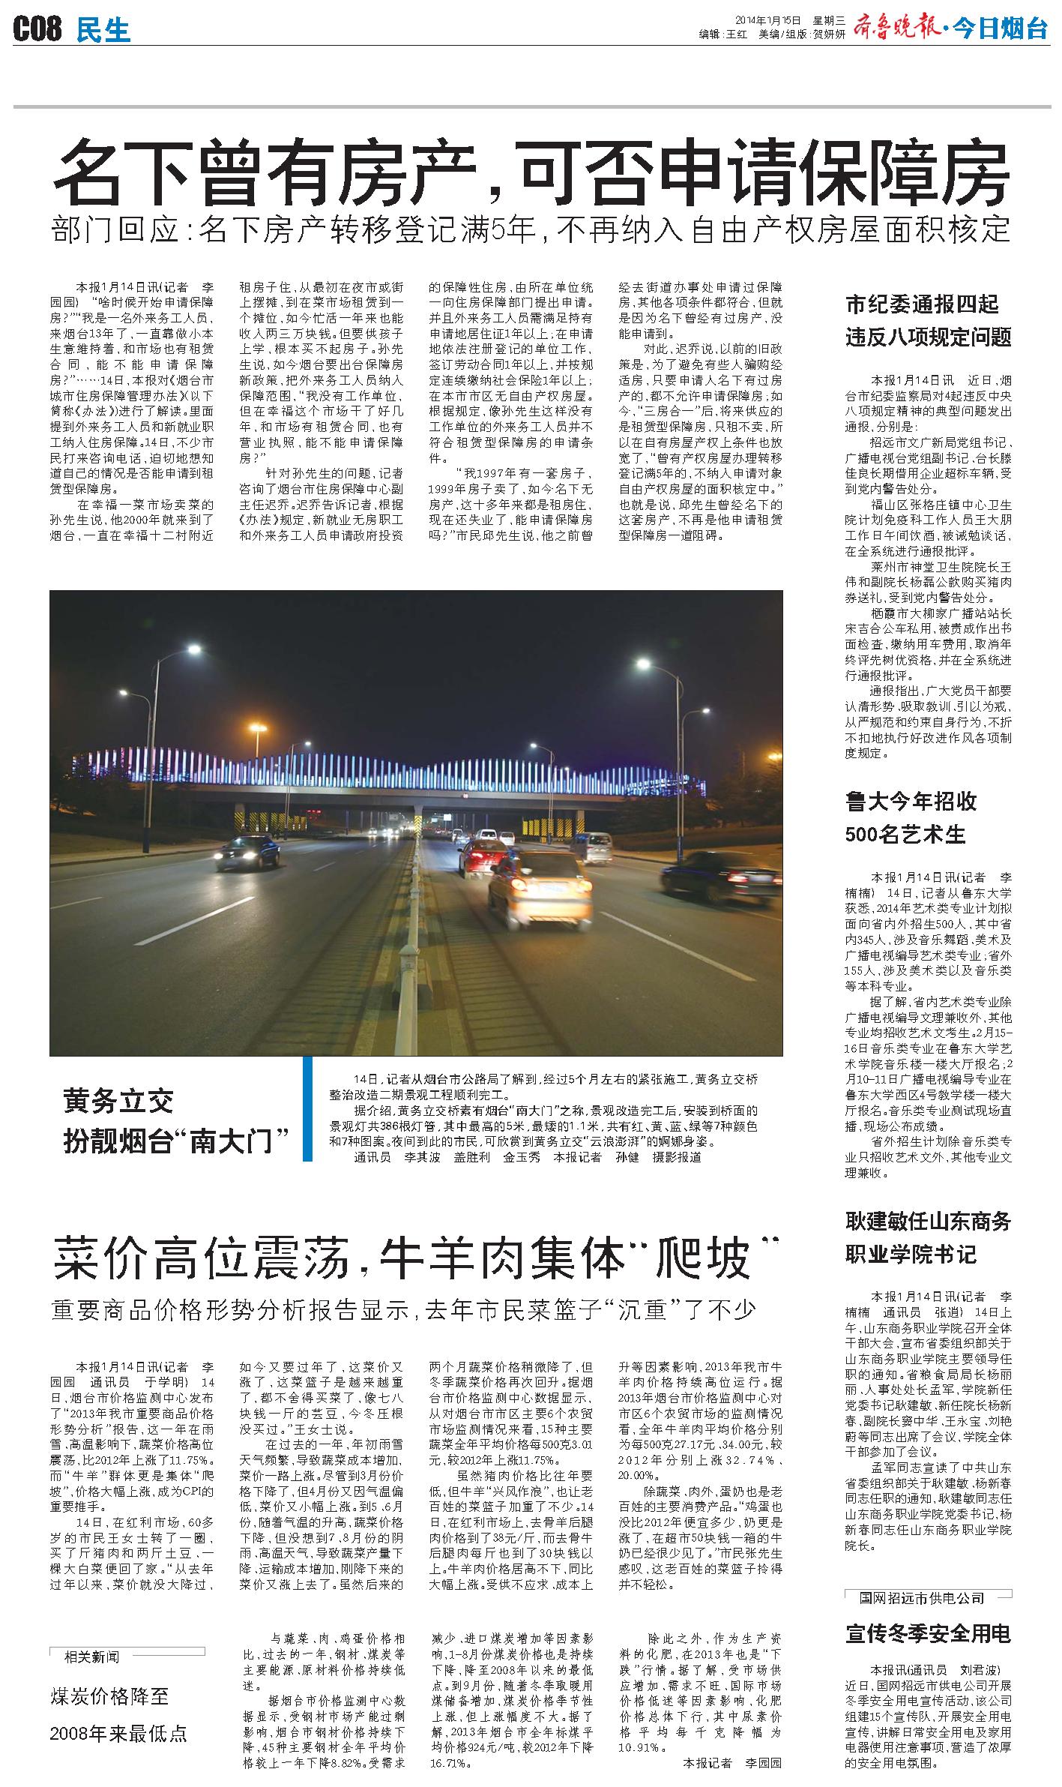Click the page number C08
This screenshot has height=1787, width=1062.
pos(37,30)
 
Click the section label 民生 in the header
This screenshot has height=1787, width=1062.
pos(103,30)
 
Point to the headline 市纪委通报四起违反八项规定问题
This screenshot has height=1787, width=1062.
pos(928,320)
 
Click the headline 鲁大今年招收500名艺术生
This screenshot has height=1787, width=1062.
pos(911,817)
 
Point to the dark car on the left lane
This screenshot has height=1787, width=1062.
pos(247,850)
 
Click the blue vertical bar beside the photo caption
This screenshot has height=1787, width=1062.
pos(307,1108)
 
